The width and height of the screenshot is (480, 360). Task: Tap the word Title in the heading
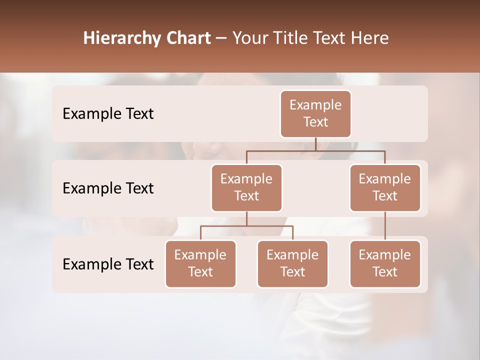(289, 38)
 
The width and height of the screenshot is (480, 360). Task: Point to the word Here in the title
(370, 38)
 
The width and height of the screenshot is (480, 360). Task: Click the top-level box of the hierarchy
(315, 114)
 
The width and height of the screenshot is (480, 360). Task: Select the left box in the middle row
(246, 188)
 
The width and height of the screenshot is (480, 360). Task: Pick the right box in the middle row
(385, 188)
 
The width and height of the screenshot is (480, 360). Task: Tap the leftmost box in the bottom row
(200, 264)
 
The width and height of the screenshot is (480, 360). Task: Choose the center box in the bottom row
(292, 264)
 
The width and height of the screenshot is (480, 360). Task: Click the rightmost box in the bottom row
(385, 264)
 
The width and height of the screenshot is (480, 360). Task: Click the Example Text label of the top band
(108, 114)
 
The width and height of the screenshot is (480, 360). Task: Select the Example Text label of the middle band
(108, 188)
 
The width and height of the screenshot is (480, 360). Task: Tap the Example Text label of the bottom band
(108, 264)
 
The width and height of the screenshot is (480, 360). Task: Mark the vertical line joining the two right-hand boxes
(385, 226)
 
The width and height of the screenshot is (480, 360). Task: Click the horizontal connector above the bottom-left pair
(246, 226)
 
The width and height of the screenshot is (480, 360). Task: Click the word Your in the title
(249, 38)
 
